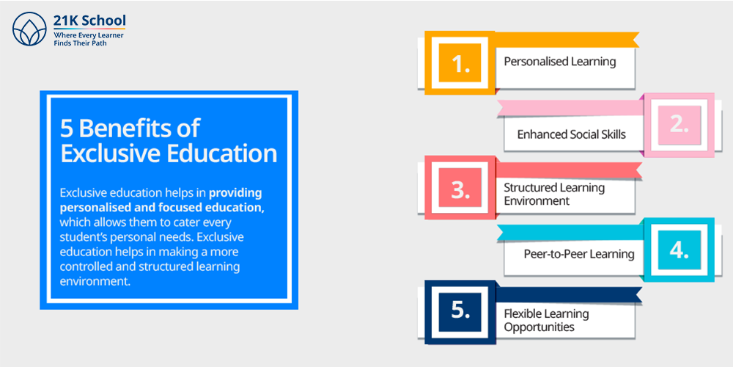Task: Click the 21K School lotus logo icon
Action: click(29, 29)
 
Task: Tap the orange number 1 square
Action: click(460, 62)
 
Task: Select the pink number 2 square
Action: click(679, 125)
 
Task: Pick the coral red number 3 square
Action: click(460, 187)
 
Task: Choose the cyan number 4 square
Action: click(679, 250)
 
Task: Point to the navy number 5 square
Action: click(460, 312)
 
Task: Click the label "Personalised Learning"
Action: click(559, 62)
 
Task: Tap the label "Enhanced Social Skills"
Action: click(571, 134)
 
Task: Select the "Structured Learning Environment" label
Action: click(554, 195)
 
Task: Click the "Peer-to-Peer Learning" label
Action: click(579, 254)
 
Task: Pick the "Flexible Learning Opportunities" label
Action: click(546, 320)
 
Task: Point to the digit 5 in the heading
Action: click(67, 128)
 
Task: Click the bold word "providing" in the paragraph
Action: click(235, 193)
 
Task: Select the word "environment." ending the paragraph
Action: click(94, 281)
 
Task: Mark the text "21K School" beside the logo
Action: click(89, 21)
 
